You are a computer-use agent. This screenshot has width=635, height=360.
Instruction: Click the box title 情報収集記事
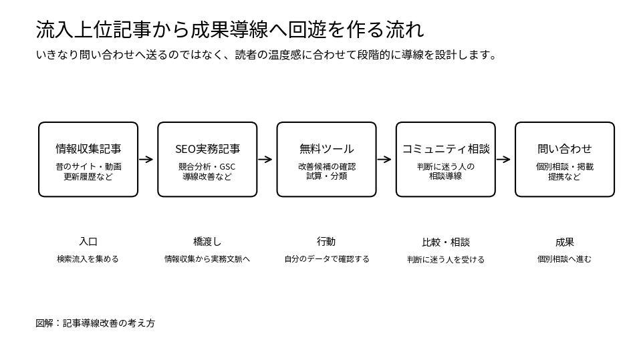coord(88,149)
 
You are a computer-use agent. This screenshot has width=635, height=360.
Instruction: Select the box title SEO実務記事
coord(207,149)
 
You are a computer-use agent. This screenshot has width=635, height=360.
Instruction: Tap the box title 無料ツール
coord(326,149)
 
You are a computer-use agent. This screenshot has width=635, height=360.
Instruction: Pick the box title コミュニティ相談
coord(445,149)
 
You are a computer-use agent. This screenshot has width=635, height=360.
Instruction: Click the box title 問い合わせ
coord(565,149)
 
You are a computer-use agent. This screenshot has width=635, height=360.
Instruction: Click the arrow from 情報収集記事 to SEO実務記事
coord(146,160)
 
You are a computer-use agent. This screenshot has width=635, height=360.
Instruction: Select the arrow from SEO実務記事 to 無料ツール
coord(265,160)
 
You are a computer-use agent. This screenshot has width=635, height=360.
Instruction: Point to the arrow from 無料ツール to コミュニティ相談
coord(384,160)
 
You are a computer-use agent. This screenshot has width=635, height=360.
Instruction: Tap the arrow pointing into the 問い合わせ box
coord(503,160)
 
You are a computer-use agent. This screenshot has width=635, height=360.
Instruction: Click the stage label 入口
coord(88,242)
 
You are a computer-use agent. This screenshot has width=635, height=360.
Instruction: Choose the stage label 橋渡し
coord(207,242)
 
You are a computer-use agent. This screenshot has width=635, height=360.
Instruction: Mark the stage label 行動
coord(326,242)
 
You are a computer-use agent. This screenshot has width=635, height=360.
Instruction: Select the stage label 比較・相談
coord(445,242)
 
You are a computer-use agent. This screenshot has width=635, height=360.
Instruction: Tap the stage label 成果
coord(565,242)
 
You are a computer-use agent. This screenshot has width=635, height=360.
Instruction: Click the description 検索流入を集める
coord(88,259)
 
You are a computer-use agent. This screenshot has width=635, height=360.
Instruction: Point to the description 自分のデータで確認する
coord(327,259)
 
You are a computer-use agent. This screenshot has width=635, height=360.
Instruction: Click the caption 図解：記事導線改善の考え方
coord(95,323)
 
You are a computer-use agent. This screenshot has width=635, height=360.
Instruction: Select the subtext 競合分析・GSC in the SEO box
coord(207,167)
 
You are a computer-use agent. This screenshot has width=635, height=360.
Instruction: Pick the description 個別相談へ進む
coord(564,259)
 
